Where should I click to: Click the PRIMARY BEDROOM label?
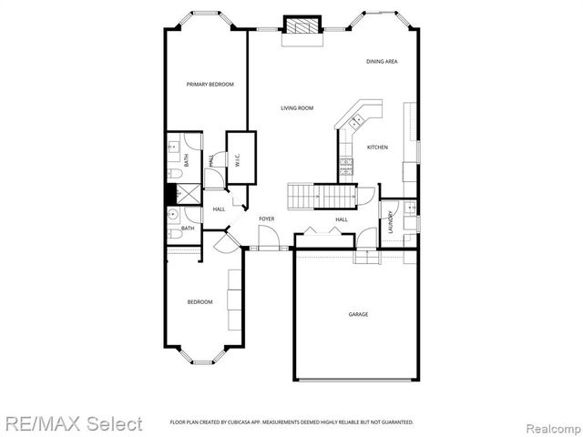click(x=210, y=85)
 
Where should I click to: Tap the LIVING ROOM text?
click(x=297, y=108)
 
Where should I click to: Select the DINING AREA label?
click(x=382, y=62)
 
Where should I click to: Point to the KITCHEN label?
click(x=377, y=147)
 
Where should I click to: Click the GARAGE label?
click(x=358, y=314)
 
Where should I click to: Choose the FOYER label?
click(x=267, y=219)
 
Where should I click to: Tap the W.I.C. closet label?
click(x=237, y=160)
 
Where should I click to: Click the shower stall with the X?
click(x=186, y=193)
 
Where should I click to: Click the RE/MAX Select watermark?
click(x=72, y=423)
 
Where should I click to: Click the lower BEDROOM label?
click(x=199, y=302)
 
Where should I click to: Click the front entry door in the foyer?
click(x=269, y=239)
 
